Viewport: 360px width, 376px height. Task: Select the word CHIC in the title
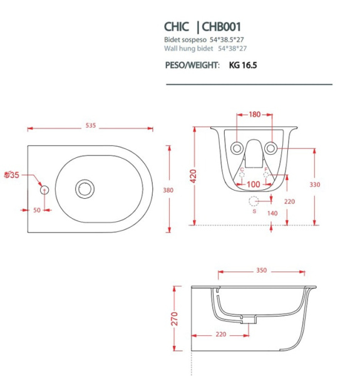178,27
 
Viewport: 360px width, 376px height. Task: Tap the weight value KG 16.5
244,65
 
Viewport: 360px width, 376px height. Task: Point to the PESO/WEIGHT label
192,65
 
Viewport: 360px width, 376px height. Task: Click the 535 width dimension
91,126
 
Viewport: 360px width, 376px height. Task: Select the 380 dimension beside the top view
167,191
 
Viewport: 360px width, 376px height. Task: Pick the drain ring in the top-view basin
85,188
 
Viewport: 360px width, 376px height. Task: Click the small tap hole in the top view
44,189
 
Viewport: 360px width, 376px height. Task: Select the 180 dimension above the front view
255,115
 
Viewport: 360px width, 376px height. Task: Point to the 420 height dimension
183,177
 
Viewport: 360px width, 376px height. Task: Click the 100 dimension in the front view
254,184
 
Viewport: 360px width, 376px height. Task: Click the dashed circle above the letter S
254,201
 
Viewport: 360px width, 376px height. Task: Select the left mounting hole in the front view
237,148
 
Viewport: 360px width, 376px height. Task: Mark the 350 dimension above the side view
261,271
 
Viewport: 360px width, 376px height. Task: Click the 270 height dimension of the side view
175,318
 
